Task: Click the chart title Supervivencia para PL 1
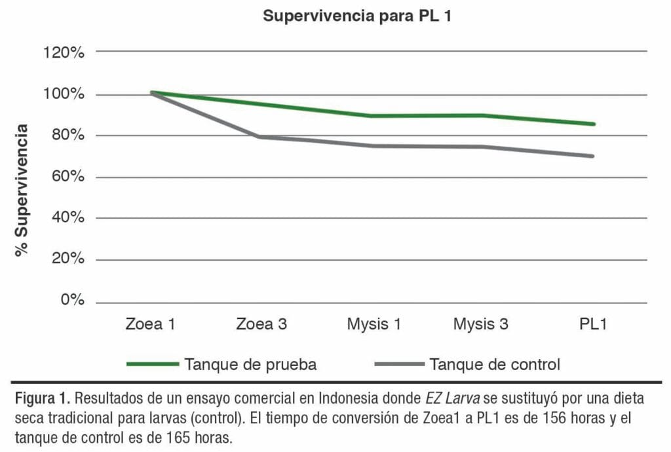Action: click(358, 16)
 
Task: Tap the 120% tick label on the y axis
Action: click(64, 52)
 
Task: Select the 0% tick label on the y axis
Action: click(72, 301)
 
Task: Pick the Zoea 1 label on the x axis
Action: click(151, 324)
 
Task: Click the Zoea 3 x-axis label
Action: click(261, 324)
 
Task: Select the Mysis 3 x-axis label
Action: click(482, 324)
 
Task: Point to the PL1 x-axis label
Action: click(592, 324)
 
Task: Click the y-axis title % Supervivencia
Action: click(23, 190)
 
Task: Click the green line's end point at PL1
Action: click(593, 124)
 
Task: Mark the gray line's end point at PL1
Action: click(593, 156)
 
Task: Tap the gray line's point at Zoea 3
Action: click(261, 137)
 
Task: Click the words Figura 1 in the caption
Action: click(41, 398)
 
